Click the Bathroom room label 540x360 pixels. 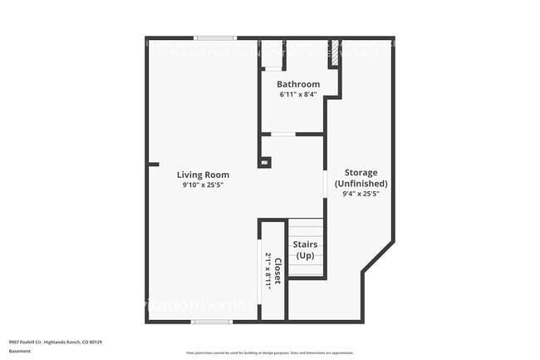[x=298, y=84]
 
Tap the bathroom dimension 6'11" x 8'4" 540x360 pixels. [x=298, y=94]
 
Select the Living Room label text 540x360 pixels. [x=203, y=175]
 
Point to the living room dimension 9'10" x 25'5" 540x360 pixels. [x=203, y=185]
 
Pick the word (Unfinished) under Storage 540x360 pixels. [x=361, y=183]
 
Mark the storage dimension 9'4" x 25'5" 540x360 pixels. [x=361, y=194]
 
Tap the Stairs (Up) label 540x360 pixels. [x=305, y=249]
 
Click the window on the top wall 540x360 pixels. [x=215, y=38]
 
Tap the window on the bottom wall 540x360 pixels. [x=211, y=321]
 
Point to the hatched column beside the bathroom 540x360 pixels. [x=335, y=54]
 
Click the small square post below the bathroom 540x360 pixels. [x=264, y=162]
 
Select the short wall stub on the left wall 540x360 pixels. [x=153, y=165]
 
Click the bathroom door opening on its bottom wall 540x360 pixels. [x=283, y=134]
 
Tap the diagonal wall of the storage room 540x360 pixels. [x=377, y=255]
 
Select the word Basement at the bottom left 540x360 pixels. [x=20, y=351]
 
